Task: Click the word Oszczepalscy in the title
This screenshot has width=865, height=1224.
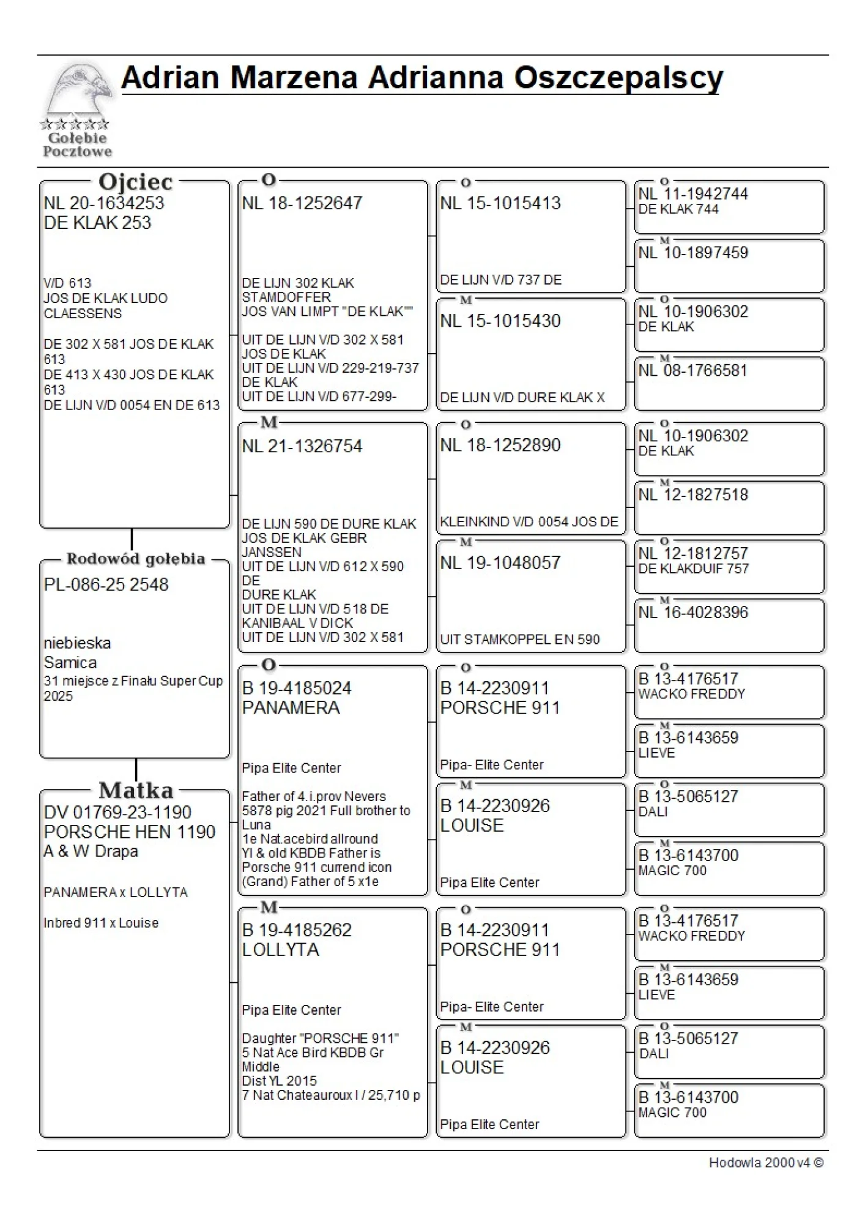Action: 618,78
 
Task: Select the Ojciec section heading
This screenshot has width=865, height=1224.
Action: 135,182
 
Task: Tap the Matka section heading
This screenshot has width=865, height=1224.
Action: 136,790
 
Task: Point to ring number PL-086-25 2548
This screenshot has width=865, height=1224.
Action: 106,584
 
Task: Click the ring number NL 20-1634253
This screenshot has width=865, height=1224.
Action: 104,203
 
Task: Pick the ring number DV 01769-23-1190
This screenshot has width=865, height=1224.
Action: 117,812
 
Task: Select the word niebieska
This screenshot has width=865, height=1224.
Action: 77,643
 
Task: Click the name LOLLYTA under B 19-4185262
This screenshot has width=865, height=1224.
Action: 281,950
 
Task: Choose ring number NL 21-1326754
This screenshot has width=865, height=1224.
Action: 302,446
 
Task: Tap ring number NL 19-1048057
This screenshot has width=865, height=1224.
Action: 500,563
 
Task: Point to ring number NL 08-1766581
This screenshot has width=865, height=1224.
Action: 693,370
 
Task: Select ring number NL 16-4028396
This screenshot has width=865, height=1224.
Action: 693,613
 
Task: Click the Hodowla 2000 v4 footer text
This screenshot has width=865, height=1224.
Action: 766,1163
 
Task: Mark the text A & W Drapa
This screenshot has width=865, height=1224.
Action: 91,851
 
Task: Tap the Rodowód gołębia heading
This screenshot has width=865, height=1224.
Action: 135,559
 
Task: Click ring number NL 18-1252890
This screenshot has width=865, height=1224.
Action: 500,445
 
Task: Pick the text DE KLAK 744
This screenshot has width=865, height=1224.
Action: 678,209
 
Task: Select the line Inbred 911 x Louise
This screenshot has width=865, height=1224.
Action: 101,923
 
